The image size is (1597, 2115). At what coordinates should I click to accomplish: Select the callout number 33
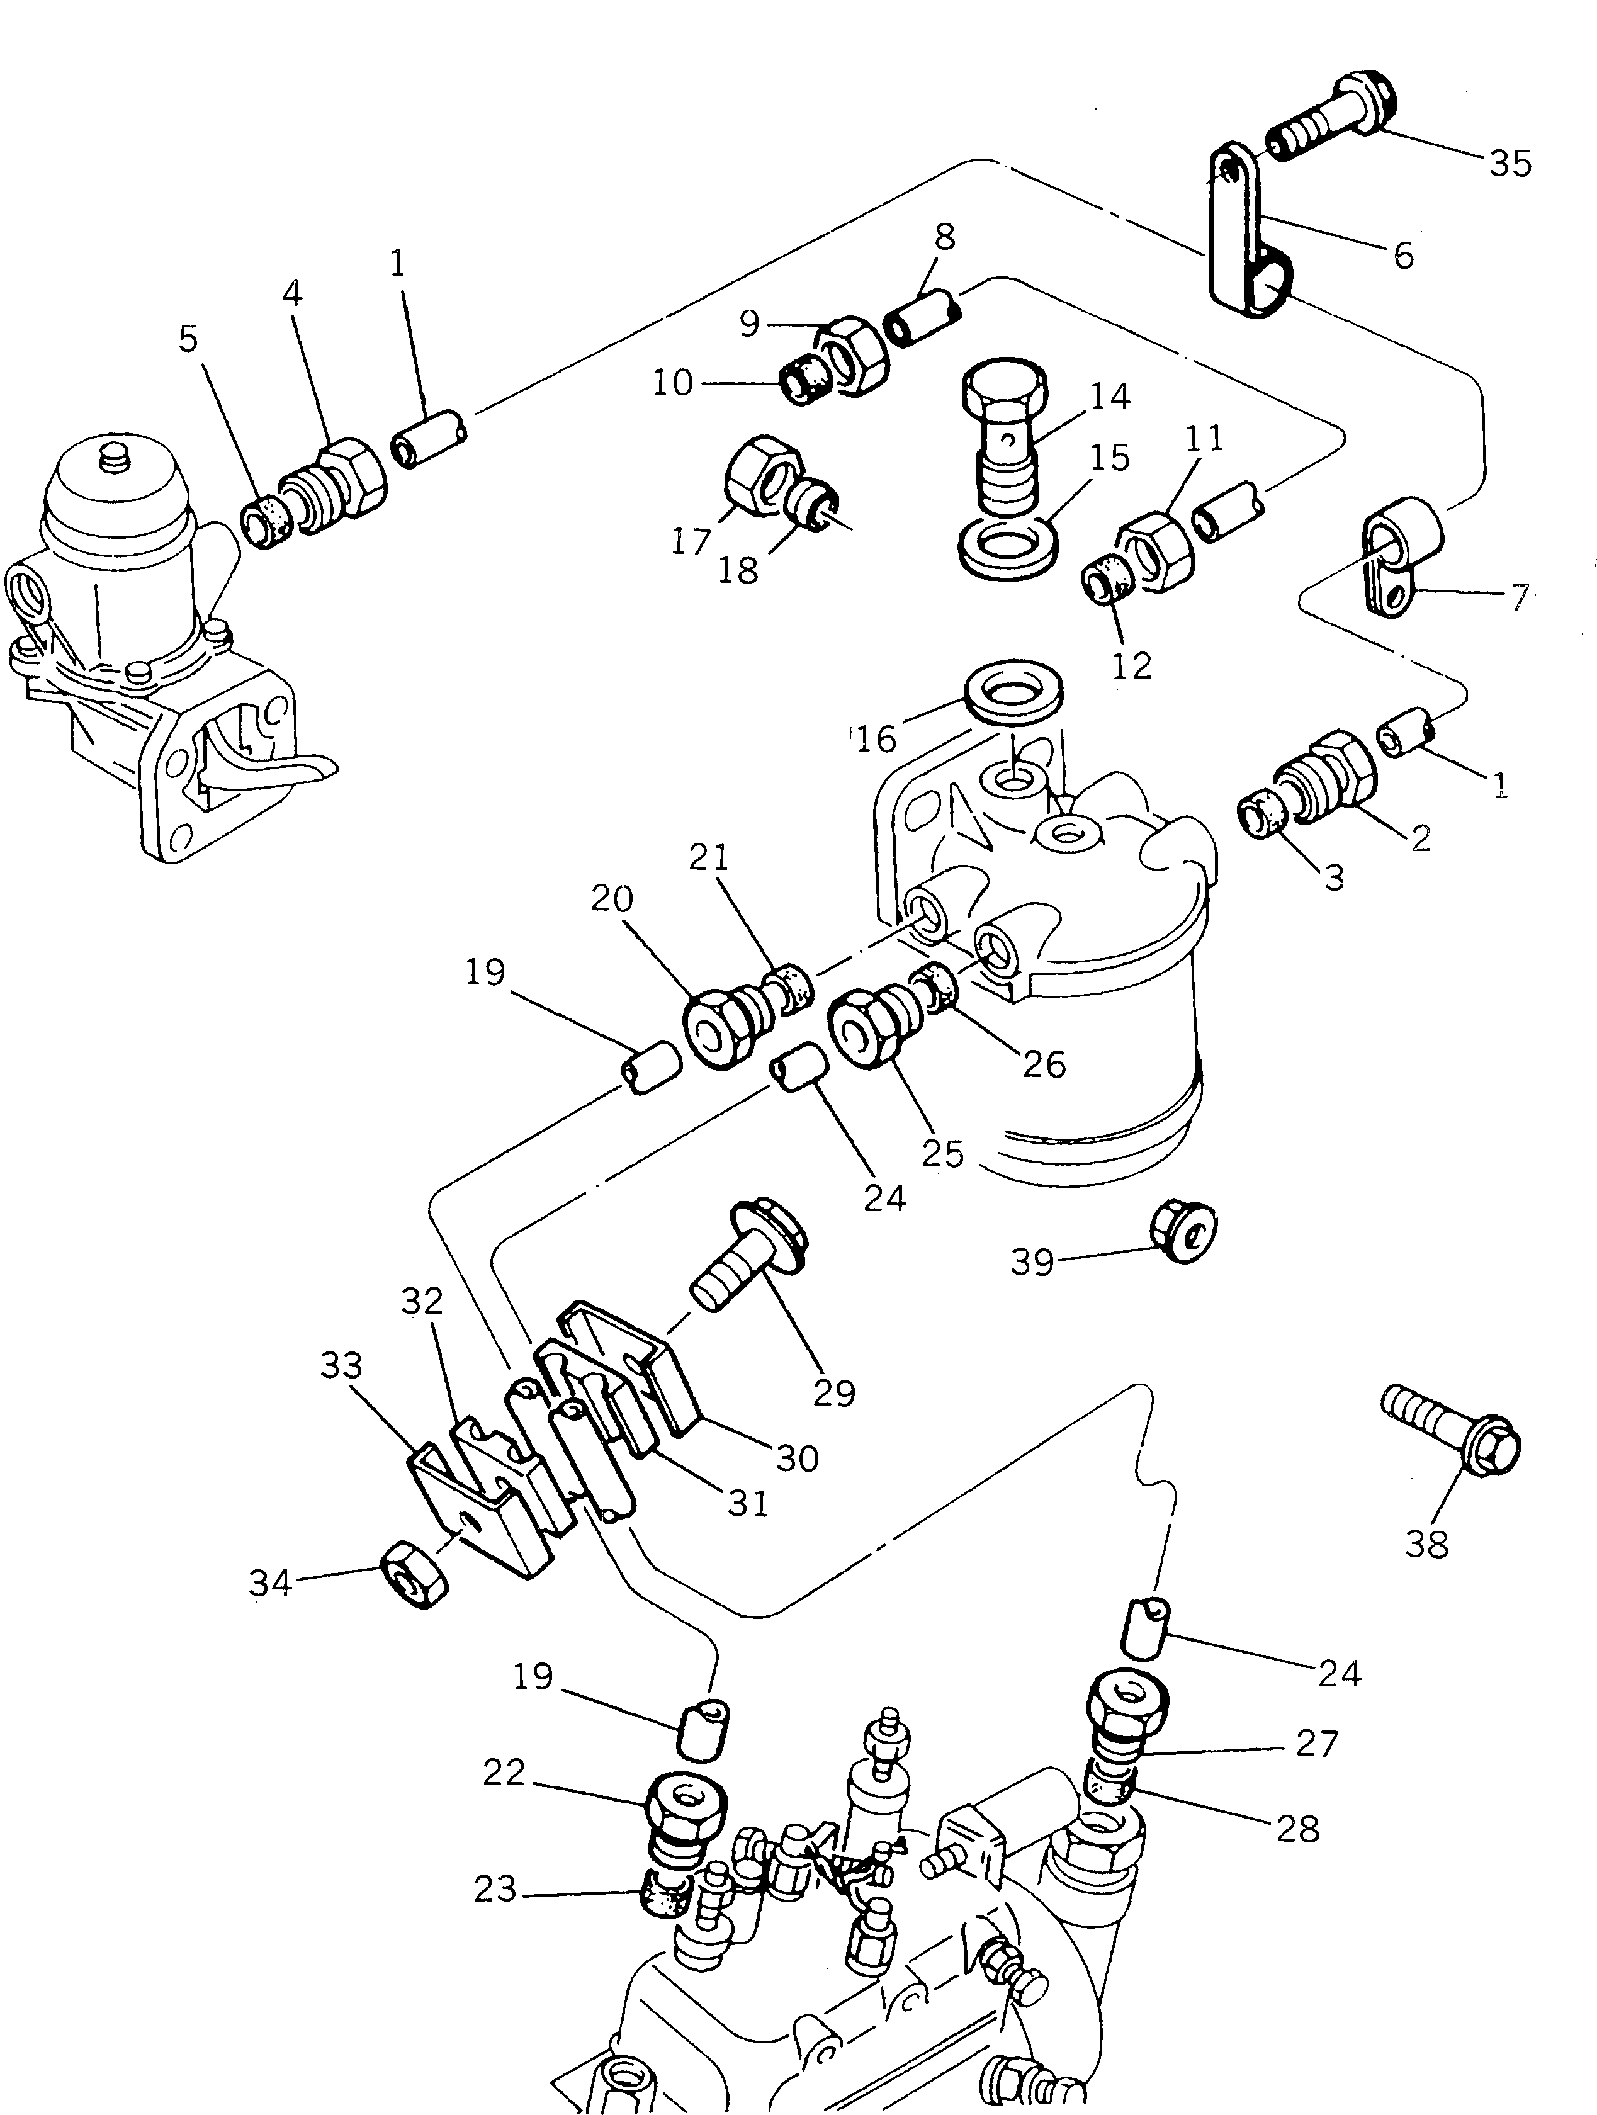tap(341, 1365)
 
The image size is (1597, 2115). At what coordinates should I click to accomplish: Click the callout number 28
tap(1298, 1829)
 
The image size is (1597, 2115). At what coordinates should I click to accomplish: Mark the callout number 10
tap(672, 383)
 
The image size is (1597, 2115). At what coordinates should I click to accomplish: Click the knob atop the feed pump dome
tap(114, 452)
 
